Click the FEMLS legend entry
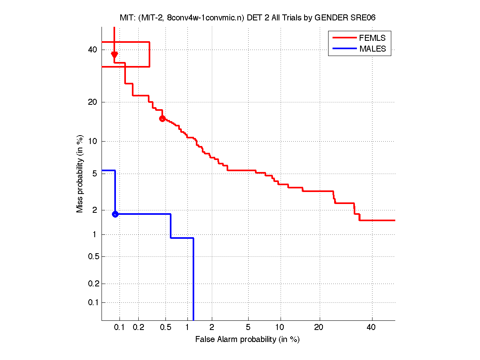point(372,38)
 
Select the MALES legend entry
point(372,49)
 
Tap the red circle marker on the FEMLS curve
point(162,118)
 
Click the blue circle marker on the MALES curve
point(115,214)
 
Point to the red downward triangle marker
point(114,55)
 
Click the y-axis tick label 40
point(93,50)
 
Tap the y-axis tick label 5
point(95,174)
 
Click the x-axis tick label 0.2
point(139,327)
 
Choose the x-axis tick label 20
point(319,327)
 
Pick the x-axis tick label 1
point(187,327)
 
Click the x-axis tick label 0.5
point(165,327)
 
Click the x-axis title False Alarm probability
point(247,339)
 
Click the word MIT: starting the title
point(127,18)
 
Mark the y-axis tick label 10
point(93,141)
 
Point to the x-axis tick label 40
point(371,327)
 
